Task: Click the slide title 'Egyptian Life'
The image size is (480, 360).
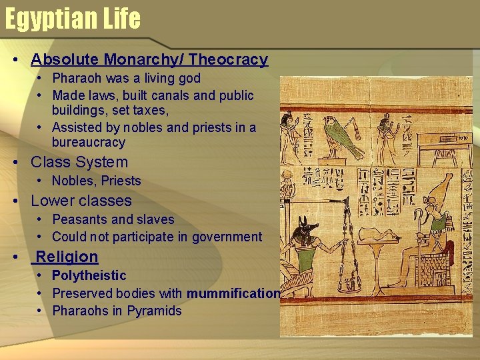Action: (73, 19)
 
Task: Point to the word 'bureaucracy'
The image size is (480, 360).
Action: (88, 142)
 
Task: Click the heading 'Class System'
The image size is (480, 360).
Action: (79, 162)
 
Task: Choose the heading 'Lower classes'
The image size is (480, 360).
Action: (81, 201)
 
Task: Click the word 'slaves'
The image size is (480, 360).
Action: (155, 219)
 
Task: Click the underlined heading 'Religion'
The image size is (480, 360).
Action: (67, 257)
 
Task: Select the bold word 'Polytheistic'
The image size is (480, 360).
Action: (89, 275)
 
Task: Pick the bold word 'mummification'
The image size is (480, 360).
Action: (233, 293)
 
